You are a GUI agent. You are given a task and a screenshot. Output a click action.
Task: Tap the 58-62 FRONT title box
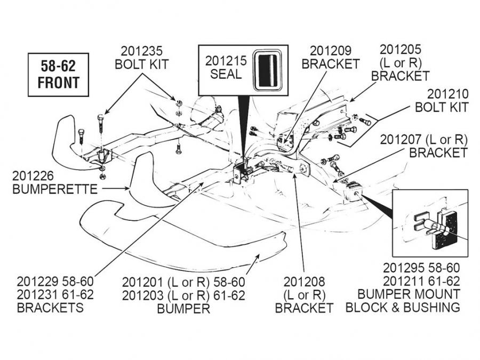(59, 74)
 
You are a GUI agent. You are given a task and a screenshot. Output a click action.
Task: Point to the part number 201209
(330, 51)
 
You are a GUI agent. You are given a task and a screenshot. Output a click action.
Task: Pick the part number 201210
(447, 94)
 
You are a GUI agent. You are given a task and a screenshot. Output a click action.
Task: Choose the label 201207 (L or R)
(423, 139)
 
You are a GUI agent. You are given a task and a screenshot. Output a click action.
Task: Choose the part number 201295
(404, 268)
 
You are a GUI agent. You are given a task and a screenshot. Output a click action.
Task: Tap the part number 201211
(404, 281)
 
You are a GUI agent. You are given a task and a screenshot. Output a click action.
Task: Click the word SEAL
(226, 74)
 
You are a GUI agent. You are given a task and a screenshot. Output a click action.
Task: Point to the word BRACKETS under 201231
(50, 308)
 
